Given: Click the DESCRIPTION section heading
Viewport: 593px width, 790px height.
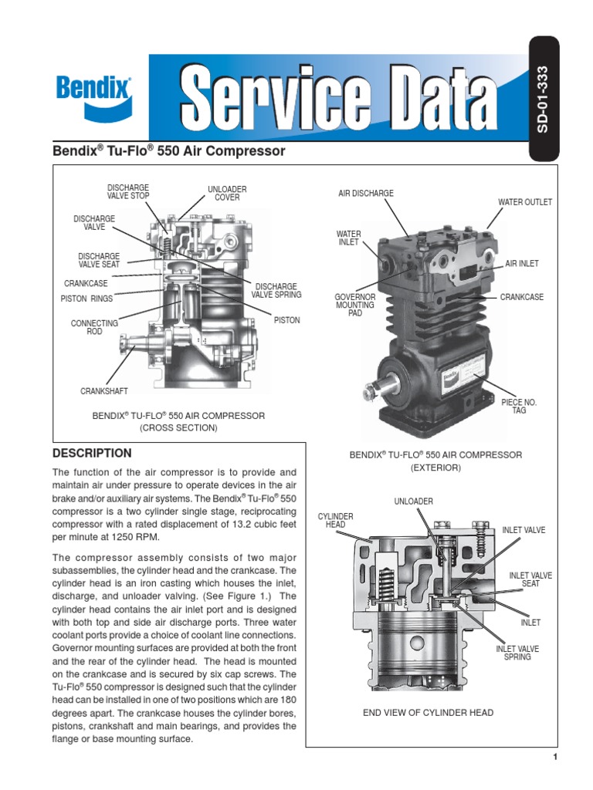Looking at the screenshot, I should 91,453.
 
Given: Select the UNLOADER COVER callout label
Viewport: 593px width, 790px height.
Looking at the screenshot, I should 227,193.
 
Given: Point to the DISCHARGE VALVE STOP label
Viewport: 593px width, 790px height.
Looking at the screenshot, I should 128,191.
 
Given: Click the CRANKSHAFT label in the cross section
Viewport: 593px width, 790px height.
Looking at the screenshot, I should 104,392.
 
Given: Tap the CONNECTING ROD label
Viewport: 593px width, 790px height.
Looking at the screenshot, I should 94,327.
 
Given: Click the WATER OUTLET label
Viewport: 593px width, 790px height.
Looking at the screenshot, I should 525,202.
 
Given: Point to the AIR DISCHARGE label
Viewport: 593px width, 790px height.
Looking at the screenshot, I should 366,193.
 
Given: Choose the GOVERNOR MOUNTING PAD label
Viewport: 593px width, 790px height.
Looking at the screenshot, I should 354,306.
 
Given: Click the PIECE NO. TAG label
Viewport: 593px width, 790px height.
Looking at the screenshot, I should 519,407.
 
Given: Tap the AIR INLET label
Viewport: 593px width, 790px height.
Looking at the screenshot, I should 522,264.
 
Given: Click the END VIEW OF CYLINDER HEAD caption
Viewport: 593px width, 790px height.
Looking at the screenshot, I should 429,712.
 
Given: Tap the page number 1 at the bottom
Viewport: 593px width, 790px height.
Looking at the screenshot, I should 555,758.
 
